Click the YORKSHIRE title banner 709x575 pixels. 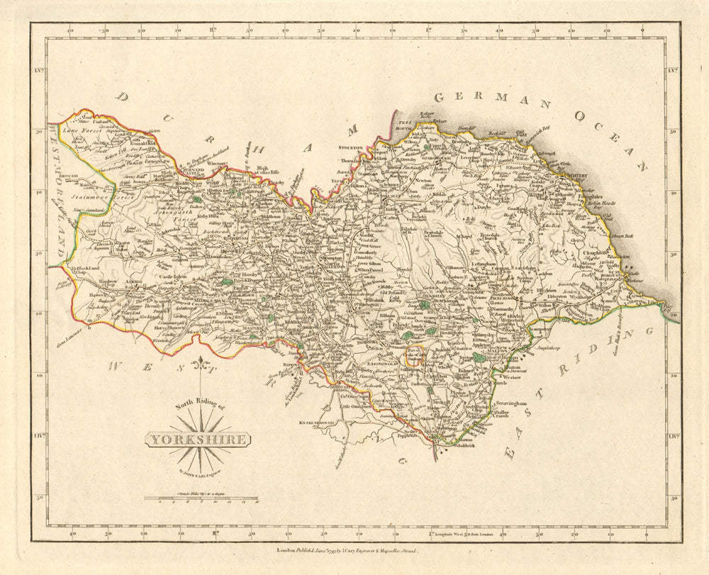[x=198, y=440]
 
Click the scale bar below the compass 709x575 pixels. [x=201, y=499]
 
